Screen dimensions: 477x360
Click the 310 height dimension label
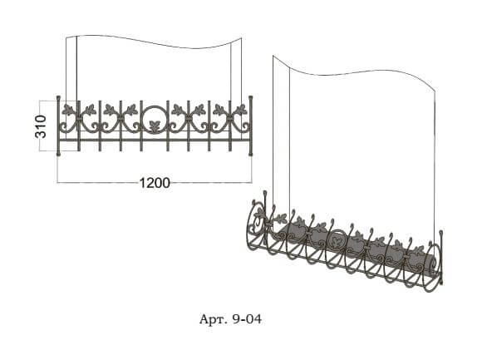click(x=41, y=126)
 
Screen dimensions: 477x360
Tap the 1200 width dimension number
click(x=155, y=183)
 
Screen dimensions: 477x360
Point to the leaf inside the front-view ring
click(x=155, y=126)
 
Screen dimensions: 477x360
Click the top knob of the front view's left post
click(x=58, y=97)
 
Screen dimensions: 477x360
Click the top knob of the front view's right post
click(x=251, y=97)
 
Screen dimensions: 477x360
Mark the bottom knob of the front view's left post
click(x=58, y=155)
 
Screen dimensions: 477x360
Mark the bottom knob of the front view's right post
click(x=251, y=155)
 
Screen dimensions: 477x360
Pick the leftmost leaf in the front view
click(x=68, y=109)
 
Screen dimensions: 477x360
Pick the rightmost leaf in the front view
click(x=241, y=109)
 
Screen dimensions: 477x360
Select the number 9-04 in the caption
click(x=247, y=319)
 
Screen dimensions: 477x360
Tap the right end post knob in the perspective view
click(x=440, y=233)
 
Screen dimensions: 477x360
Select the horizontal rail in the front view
click(x=155, y=140)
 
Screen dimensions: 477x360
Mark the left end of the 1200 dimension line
click(x=57, y=183)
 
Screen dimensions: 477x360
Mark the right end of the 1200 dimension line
click(x=252, y=183)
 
